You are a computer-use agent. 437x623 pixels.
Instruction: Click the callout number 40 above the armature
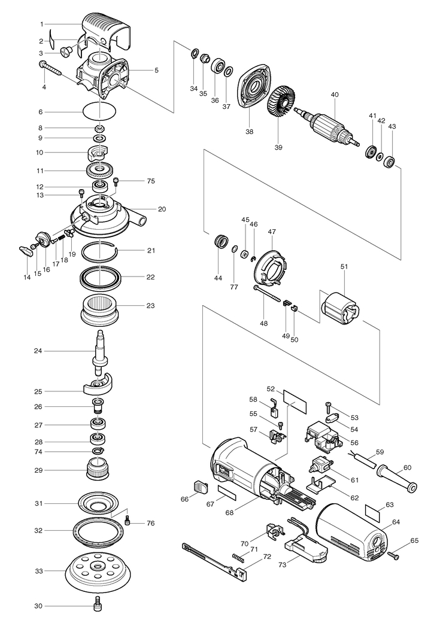tap(335, 95)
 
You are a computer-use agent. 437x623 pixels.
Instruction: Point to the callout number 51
tap(344, 266)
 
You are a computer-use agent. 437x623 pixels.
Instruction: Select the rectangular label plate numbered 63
tap(372, 512)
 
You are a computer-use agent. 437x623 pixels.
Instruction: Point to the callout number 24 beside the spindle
tap(38, 351)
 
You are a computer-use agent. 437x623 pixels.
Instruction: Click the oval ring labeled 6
tap(99, 112)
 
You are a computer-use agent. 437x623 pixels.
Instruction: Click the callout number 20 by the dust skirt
tap(162, 209)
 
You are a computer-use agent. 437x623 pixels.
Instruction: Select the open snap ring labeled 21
tap(100, 251)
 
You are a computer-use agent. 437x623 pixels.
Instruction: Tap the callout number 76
tap(150, 523)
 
